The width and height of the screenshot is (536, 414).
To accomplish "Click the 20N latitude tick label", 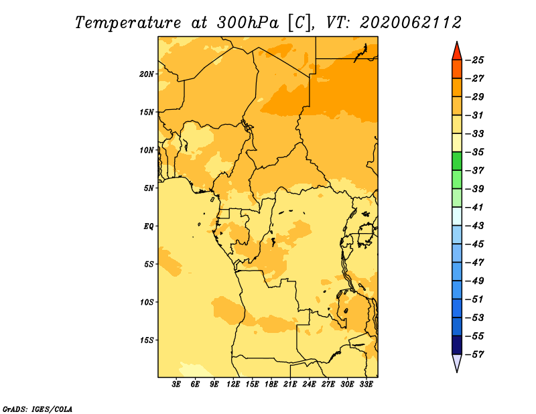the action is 147,74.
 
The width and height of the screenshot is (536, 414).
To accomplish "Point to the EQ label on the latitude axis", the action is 149,226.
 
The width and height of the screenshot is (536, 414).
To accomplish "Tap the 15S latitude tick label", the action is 147,340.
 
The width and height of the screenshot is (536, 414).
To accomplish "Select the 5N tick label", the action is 149,188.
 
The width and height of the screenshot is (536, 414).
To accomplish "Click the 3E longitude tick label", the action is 176,384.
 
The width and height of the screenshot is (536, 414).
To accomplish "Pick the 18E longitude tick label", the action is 271,384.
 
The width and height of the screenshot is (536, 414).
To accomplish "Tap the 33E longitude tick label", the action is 366,384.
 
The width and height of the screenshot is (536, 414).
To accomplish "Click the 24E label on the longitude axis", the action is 309,384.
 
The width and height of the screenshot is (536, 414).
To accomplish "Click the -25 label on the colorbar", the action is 474,60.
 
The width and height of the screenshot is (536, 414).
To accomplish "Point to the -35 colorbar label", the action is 474,152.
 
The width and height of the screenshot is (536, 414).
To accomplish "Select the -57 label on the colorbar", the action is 474,354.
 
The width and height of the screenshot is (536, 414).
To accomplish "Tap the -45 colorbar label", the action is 474,244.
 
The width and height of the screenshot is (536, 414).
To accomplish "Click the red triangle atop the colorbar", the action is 457,52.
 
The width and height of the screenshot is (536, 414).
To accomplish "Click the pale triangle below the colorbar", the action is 457,362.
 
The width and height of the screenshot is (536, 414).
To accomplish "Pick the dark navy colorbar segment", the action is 457,345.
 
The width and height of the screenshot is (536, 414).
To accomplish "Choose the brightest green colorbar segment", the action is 457,161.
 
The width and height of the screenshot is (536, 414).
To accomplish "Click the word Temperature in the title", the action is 128,23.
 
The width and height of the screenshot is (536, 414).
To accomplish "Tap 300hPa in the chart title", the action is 247,23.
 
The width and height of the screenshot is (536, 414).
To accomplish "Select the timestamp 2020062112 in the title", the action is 411,23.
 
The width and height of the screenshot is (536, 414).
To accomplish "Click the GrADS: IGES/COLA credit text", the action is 38,409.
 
